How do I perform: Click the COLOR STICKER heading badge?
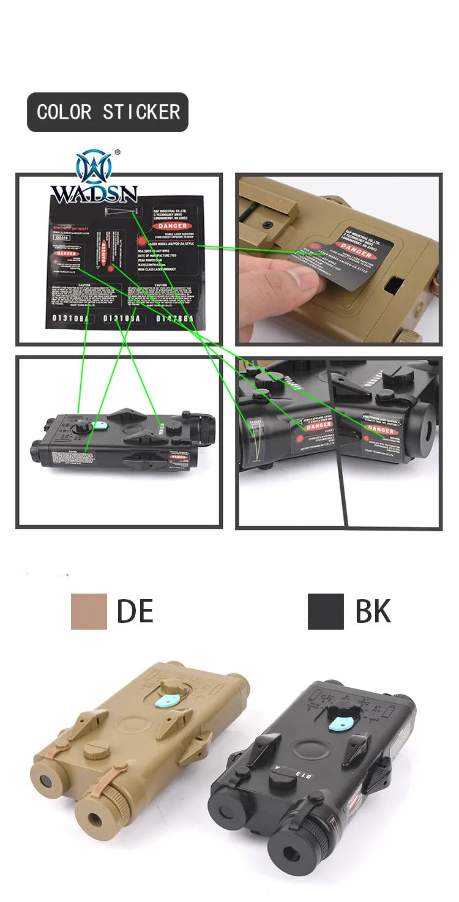[108, 112]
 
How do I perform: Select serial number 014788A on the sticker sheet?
[174, 318]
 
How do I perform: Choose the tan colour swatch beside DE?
[89, 611]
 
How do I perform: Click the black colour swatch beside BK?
[326, 611]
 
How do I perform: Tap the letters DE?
[135, 611]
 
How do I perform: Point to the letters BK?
[373, 611]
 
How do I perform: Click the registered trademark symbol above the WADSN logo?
[118, 152]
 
